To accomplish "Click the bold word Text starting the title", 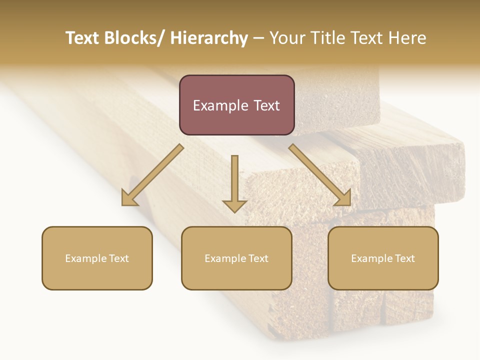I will pyautogui.click(x=83, y=38).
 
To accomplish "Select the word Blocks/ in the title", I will pyautogui.click(x=134, y=38).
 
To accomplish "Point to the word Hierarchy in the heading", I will pyautogui.click(x=209, y=38).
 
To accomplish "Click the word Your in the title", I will pyautogui.click(x=287, y=38).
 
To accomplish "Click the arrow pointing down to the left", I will pyautogui.click(x=152, y=175).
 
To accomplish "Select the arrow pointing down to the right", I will pyautogui.click(x=320, y=175).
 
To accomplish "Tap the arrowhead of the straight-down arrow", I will pyautogui.click(x=234, y=206).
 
